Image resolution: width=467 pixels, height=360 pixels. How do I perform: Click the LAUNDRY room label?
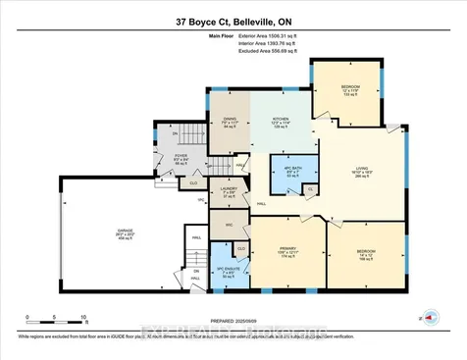tap(230, 190)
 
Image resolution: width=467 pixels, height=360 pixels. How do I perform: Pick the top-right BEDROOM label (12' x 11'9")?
tap(351, 90)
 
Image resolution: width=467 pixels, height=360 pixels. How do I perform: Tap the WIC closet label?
tap(230, 225)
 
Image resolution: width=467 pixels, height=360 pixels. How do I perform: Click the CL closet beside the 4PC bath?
tap(311, 189)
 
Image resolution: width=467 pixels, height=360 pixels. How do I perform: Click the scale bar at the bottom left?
tap(58, 318)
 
